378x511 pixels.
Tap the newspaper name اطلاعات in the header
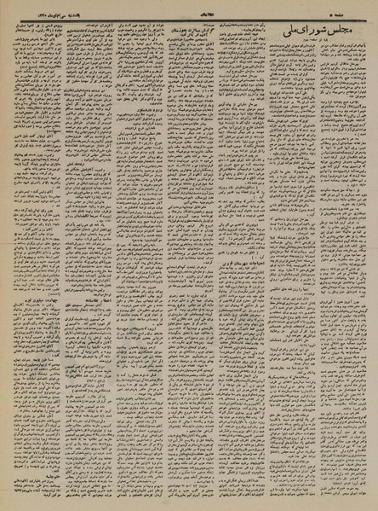(x=191, y=8)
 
